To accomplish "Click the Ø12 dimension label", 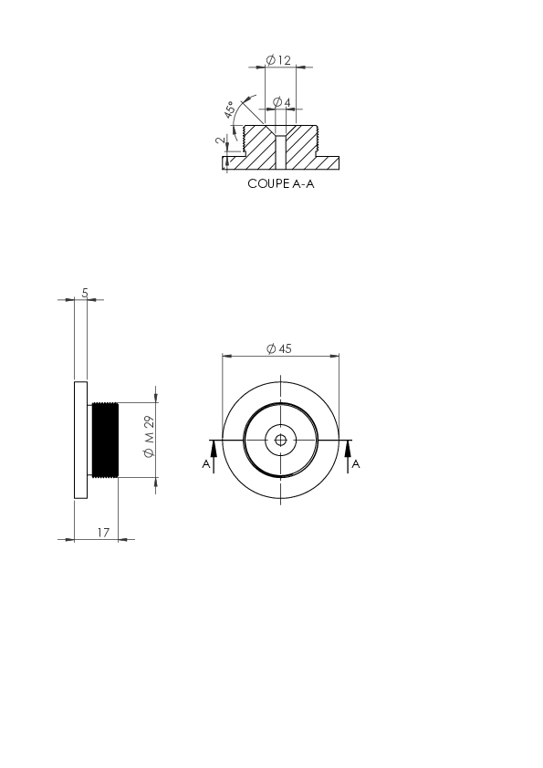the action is (x=278, y=60).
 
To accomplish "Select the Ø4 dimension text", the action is (x=282, y=102).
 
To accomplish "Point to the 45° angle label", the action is (x=229, y=110).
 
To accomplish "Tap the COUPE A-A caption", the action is (x=281, y=183).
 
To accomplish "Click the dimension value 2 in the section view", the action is (x=221, y=140).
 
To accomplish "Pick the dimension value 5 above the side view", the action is (x=85, y=293).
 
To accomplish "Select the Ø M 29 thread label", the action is (x=150, y=437).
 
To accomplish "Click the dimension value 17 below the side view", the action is (x=103, y=533).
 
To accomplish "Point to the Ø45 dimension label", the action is (x=279, y=348).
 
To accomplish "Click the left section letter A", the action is (x=206, y=464).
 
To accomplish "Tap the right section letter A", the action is (x=356, y=464).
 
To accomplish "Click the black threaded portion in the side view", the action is (x=105, y=440).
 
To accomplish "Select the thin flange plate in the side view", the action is (x=81, y=440).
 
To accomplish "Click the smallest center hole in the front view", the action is (x=280, y=441).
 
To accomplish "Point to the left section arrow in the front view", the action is (x=214, y=456).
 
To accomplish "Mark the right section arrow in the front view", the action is (x=349, y=456).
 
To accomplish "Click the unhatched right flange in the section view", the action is (x=329, y=163).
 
